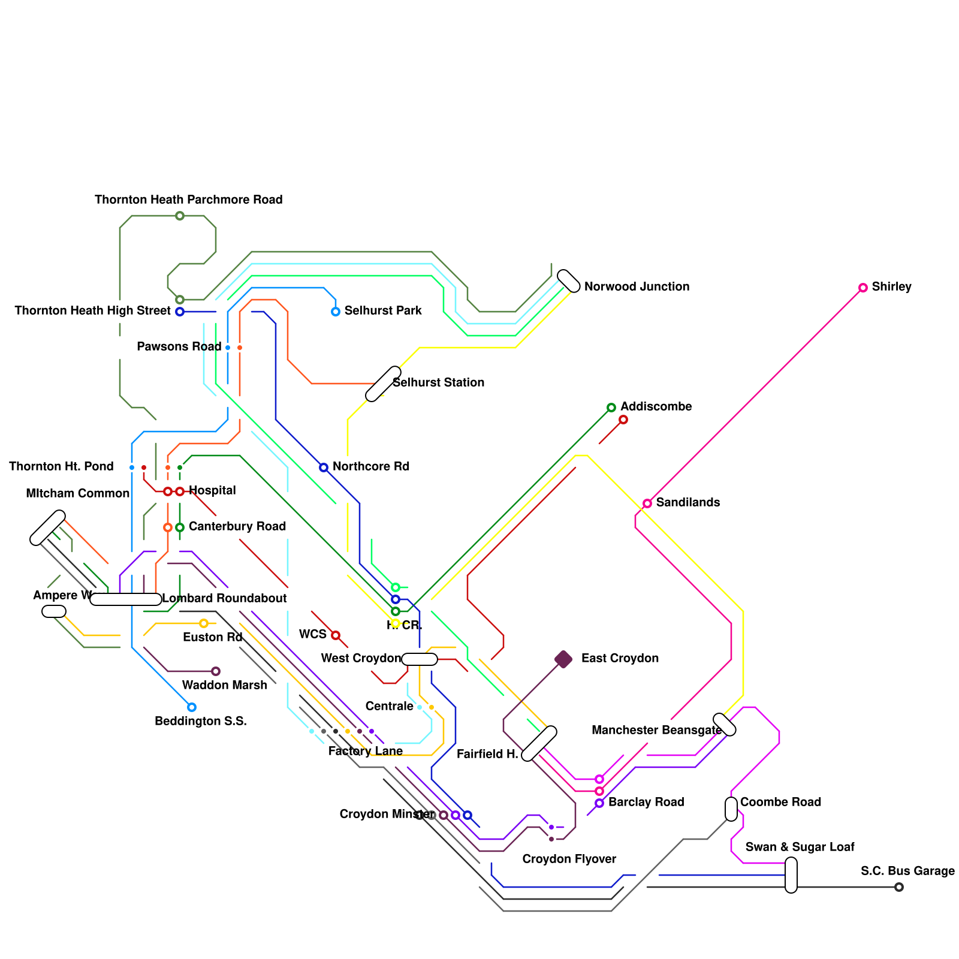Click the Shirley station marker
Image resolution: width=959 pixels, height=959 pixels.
[x=863, y=288]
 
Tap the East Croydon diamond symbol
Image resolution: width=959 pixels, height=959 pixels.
[x=563, y=659]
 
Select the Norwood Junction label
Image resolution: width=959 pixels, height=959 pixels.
[x=637, y=287]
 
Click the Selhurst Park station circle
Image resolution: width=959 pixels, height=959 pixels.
[x=336, y=312]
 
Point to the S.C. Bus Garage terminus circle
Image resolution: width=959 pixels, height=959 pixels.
[x=898, y=887]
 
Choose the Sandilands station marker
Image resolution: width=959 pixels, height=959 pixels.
[x=647, y=503]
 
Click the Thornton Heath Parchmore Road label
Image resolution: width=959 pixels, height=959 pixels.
[x=188, y=200]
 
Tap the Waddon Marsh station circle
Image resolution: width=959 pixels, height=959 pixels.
[x=215, y=671]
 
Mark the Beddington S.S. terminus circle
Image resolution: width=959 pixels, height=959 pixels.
[x=191, y=707]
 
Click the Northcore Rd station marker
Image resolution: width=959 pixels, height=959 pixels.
[x=324, y=468]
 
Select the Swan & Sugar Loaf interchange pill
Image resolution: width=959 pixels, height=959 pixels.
[x=791, y=875]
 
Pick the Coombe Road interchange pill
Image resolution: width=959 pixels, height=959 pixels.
[x=731, y=809]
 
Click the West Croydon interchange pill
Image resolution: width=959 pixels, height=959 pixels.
[x=420, y=659]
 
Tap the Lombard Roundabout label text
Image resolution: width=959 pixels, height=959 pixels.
[x=224, y=598]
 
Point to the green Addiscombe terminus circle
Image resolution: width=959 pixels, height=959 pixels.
[x=611, y=408]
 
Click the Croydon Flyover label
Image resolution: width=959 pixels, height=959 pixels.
[x=569, y=859]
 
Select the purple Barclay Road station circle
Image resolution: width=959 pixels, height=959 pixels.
[x=599, y=803]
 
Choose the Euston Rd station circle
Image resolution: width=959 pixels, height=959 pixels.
[x=204, y=623]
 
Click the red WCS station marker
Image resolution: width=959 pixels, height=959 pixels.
[x=336, y=635]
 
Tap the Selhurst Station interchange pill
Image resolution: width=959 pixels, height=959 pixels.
[x=383, y=384]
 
